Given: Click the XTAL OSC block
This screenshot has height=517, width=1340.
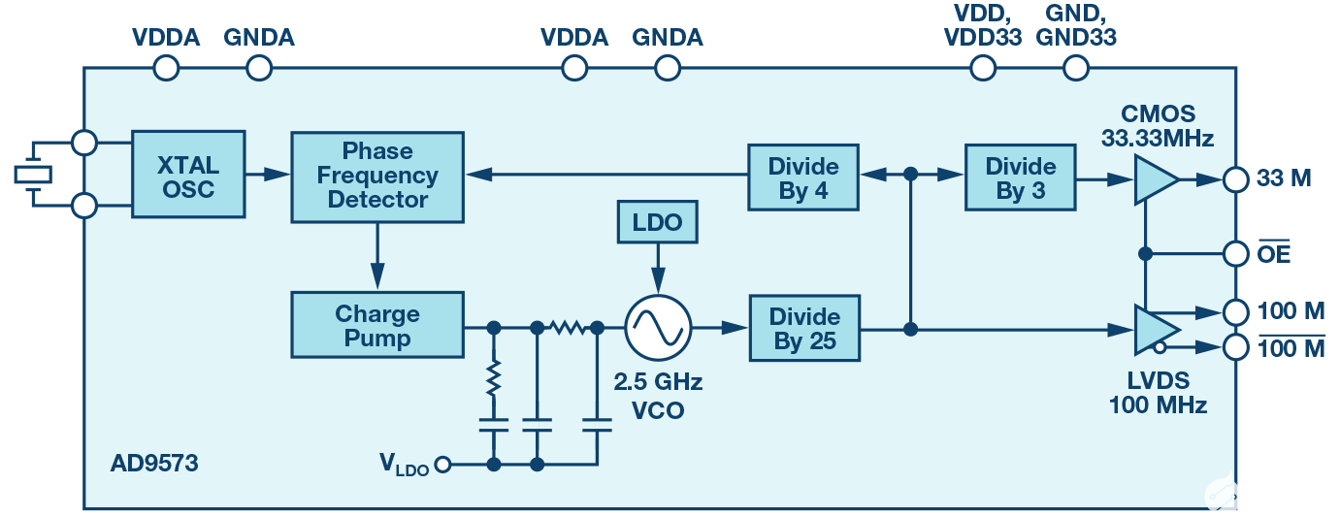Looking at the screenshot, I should (x=188, y=176).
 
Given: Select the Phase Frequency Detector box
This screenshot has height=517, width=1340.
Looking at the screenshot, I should (x=377, y=176).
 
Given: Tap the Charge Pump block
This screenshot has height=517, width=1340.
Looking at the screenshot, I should (x=376, y=326).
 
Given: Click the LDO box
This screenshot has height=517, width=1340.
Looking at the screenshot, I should (x=657, y=222).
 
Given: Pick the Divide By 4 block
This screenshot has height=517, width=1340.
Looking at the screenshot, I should (x=803, y=176).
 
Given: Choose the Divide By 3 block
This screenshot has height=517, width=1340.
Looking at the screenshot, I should (x=1021, y=176).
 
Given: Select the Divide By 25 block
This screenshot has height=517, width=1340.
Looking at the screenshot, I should (x=803, y=329).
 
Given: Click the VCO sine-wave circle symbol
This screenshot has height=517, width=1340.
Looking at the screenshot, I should (x=657, y=329).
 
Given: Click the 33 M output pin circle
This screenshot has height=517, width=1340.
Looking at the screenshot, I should (x=1235, y=180).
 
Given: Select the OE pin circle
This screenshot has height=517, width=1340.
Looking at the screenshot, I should (x=1235, y=254).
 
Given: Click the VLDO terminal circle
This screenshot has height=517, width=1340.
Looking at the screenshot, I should (x=443, y=465).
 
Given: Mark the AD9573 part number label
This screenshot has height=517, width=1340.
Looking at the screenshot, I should (x=154, y=464).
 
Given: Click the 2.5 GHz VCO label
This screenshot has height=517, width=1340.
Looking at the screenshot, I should (x=657, y=396).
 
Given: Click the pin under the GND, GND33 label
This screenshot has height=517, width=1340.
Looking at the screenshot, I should (x=1076, y=68).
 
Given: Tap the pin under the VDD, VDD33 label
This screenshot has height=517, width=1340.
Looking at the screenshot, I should (x=984, y=68).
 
